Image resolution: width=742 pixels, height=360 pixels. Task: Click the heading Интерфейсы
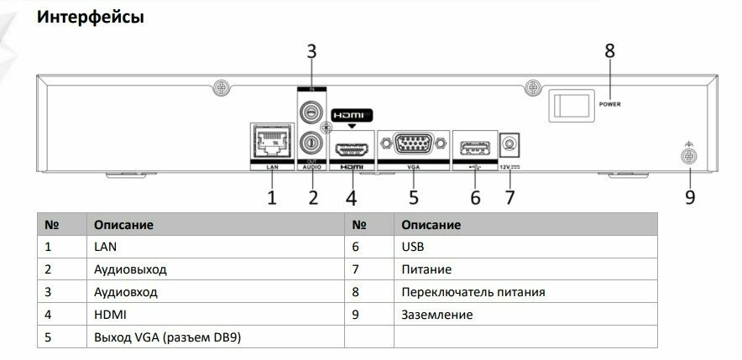click(x=91, y=17)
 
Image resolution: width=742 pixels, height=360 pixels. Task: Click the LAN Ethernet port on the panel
click(x=270, y=144)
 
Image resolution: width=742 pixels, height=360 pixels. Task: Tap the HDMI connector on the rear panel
click(x=351, y=150)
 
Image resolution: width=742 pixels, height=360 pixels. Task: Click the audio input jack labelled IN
click(x=311, y=110)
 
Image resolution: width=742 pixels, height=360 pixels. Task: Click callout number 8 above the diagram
click(x=610, y=50)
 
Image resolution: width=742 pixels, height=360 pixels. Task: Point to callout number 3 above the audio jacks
click(x=311, y=50)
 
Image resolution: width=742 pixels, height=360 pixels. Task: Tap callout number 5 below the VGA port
click(x=414, y=197)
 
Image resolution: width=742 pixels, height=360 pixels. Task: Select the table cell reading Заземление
click(x=436, y=315)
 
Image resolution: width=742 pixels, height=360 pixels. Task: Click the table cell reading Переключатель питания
click(x=473, y=292)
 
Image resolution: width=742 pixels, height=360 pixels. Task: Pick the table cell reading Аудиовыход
click(x=130, y=269)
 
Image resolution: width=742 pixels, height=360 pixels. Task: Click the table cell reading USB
click(x=414, y=247)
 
